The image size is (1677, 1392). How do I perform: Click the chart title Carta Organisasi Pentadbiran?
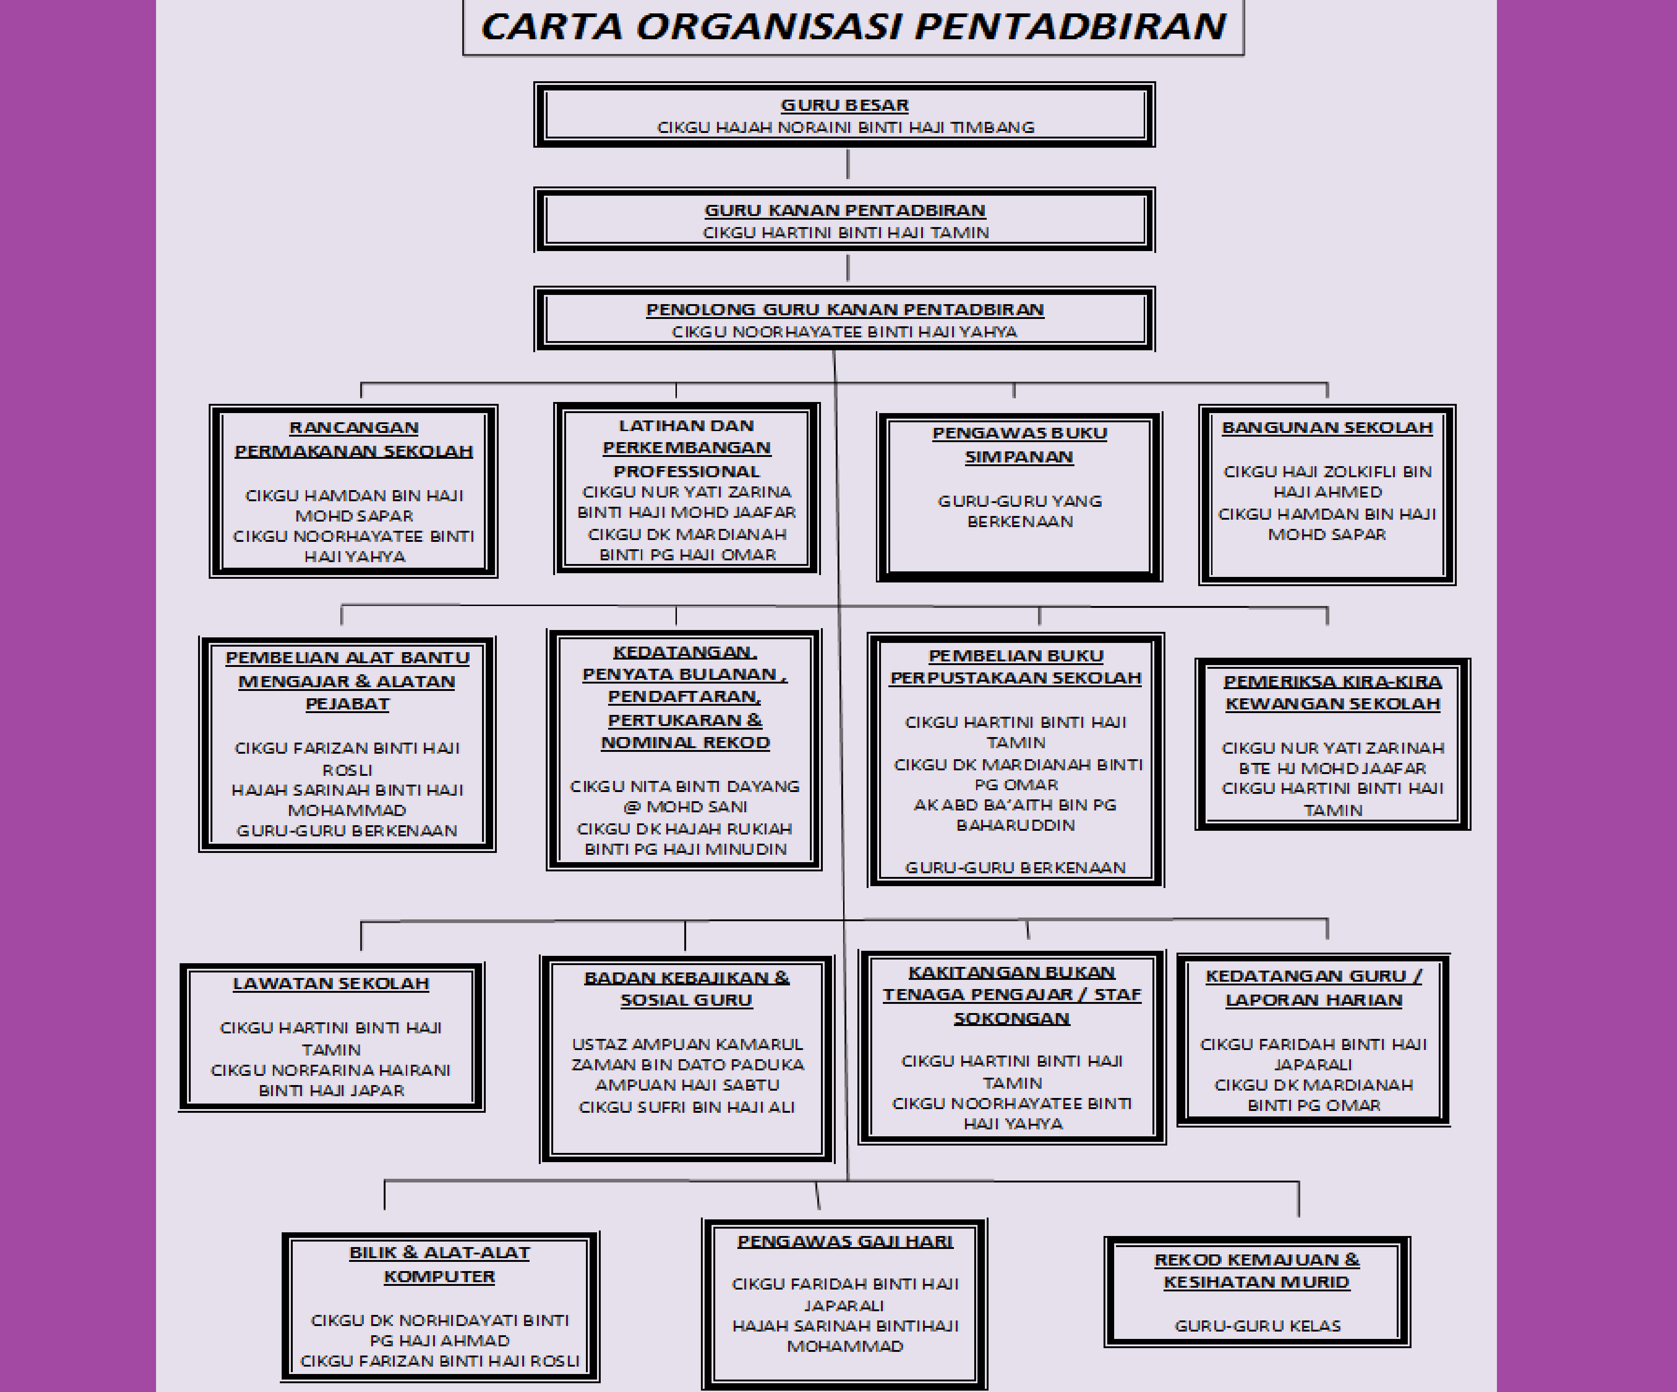(853, 26)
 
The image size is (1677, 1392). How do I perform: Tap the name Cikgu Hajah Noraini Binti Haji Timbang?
(845, 127)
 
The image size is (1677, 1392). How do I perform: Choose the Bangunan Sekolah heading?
(1327, 427)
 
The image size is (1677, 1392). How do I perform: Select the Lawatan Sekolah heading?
(331, 984)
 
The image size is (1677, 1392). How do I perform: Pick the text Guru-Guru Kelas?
(1257, 1326)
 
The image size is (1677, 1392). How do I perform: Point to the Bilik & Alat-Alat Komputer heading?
(439, 1264)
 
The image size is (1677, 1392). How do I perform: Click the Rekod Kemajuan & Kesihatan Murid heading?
(1256, 1271)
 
